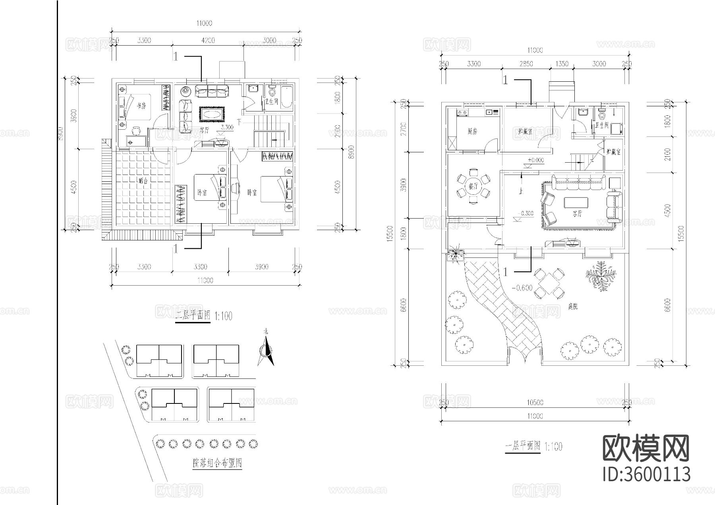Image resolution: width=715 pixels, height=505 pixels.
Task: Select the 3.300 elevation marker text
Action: pos(226,127)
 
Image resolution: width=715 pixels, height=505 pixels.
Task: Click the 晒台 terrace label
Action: pos(143,180)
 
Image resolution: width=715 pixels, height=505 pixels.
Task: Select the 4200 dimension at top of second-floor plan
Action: pos(208,40)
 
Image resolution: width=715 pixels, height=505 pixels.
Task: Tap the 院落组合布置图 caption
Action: pos(217,463)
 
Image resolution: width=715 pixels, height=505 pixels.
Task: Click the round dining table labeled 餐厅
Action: pos(473,187)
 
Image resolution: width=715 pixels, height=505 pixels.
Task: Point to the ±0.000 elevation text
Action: pos(536,160)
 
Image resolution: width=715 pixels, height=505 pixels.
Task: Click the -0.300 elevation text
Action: pos(526,213)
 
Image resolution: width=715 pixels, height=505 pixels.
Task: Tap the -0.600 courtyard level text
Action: pos(522,288)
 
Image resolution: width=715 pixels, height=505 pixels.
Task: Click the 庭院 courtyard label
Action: pos(572,307)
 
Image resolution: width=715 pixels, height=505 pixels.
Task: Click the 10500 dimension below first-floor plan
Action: pos(535,403)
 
